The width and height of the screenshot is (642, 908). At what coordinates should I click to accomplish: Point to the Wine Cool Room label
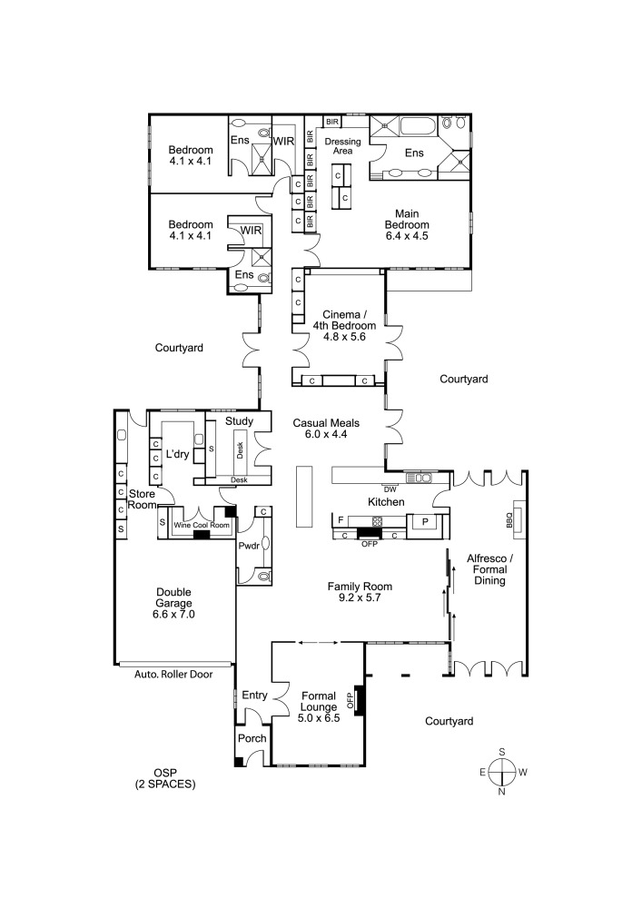(x=194, y=525)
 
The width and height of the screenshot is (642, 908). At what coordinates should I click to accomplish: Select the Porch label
(x=252, y=738)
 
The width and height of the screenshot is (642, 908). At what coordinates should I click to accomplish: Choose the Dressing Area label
(x=342, y=146)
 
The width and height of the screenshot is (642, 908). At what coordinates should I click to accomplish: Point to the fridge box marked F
(x=341, y=520)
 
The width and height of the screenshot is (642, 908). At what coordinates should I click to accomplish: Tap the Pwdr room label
(x=248, y=547)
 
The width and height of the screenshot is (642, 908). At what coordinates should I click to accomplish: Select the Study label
(x=239, y=422)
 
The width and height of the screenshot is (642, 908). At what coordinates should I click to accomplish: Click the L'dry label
(x=178, y=453)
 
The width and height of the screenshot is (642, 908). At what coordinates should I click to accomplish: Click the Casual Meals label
(x=326, y=429)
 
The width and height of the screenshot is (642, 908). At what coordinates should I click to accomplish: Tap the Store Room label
(x=142, y=499)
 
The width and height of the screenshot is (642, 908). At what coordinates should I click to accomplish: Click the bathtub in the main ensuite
(x=406, y=124)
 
